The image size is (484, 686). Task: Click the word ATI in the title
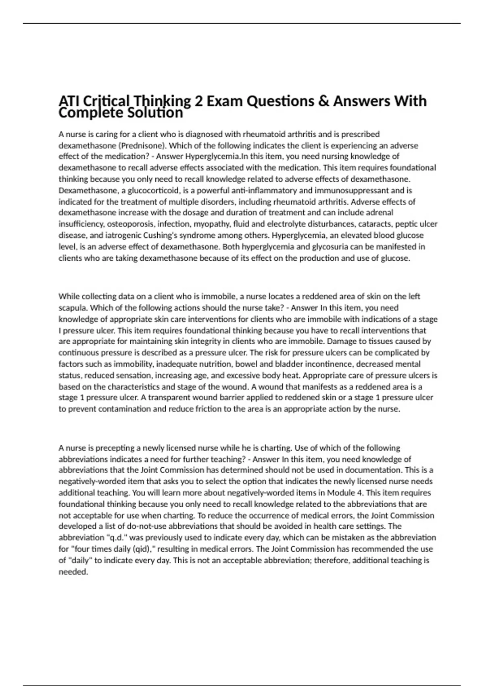pyautogui.click(x=69, y=101)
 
